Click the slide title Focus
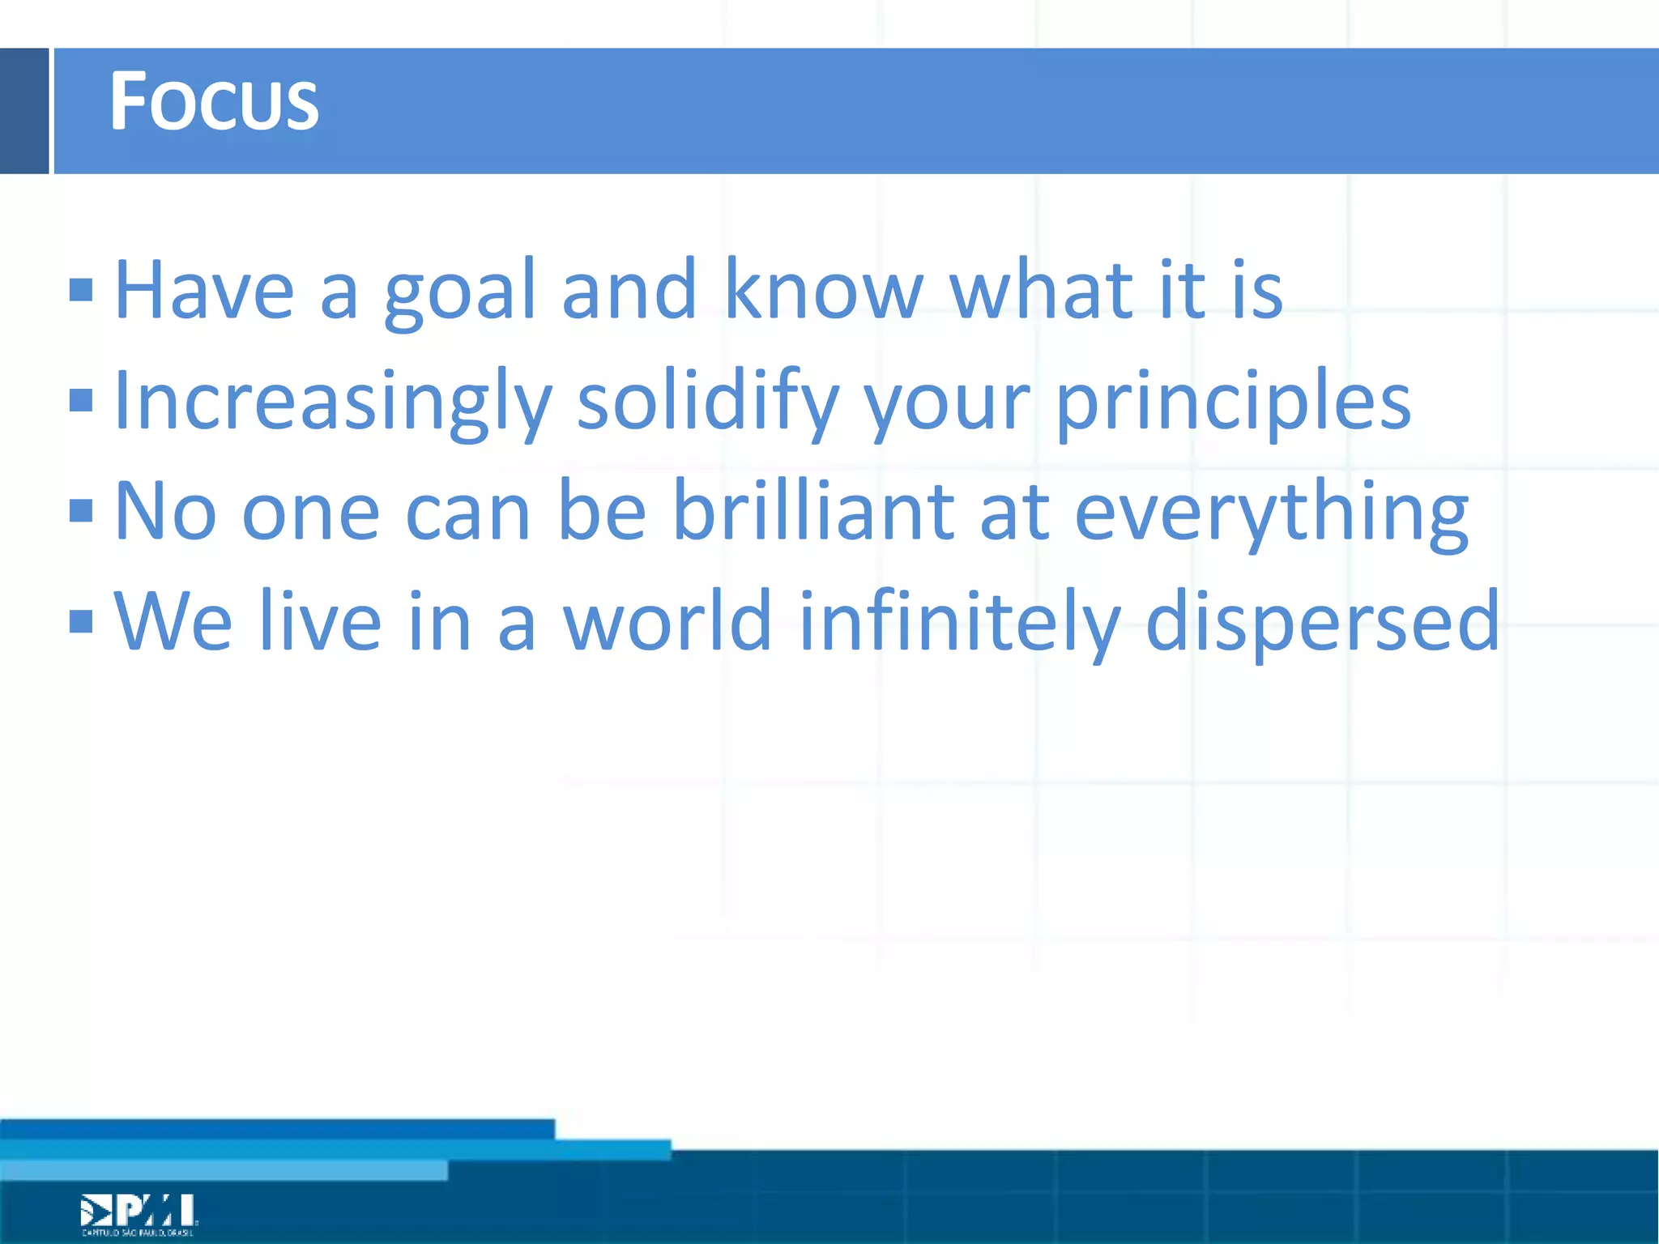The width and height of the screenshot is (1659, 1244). tap(214, 101)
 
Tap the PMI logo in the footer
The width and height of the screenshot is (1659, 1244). tap(139, 1212)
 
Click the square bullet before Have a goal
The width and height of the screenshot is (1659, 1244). tap(81, 290)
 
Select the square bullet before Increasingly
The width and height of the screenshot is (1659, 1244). tap(81, 400)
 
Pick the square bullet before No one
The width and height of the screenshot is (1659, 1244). tap(81, 511)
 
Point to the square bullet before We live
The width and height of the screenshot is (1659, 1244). tap(81, 621)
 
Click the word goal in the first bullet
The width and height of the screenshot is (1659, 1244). tap(459, 292)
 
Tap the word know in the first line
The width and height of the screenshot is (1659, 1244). tap(822, 289)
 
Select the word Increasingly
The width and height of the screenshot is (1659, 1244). tap(333, 402)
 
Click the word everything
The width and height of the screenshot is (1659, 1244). tap(1270, 513)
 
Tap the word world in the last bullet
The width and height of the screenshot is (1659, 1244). tap(667, 621)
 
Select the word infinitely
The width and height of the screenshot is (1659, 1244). tap(959, 623)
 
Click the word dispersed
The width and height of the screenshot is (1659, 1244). tap(1322, 623)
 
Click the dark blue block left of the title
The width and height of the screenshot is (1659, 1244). tap(24, 111)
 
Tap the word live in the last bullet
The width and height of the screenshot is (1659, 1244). tap(319, 621)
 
